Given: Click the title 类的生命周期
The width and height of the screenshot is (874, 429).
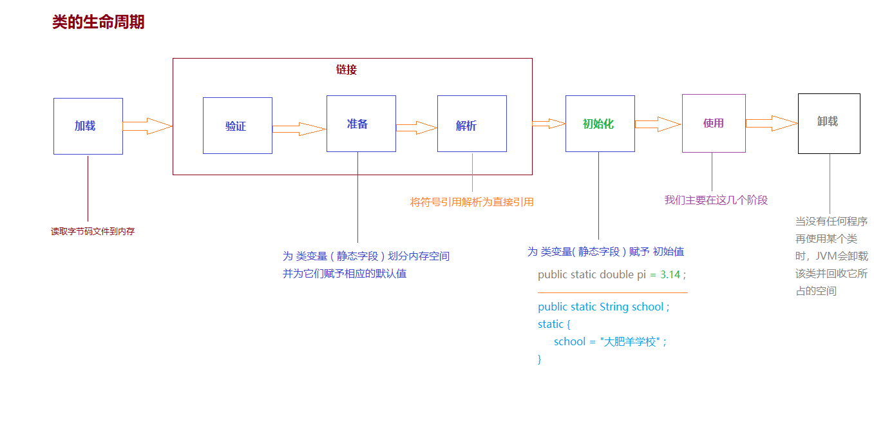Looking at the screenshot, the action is click(x=99, y=22).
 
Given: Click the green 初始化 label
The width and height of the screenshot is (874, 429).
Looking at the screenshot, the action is click(x=598, y=124).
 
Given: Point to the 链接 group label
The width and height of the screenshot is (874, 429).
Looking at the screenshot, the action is click(x=347, y=70).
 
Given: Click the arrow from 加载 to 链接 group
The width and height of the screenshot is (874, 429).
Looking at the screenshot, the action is click(x=147, y=126).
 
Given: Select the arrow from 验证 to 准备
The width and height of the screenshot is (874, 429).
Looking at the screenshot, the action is click(x=299, y=129).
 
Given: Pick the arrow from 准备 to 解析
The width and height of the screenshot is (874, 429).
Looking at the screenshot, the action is click(x=417, y=128).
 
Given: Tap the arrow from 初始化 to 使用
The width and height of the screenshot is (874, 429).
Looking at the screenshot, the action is click(x=658, y=124).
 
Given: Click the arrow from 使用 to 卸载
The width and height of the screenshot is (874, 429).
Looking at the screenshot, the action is click(x=772, y=123).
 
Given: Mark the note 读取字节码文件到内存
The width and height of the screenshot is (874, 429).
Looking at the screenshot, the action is click(x=93, y=231).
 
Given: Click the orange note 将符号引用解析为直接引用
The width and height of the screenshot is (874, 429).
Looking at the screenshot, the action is click(x=471, y=202).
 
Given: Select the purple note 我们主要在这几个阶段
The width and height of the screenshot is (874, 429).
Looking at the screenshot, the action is click(x=716, y=200).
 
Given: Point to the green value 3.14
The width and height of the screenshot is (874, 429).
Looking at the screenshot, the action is click(x=670, y=275).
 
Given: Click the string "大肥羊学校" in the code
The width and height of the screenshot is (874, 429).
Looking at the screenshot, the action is click(x=630, y=341).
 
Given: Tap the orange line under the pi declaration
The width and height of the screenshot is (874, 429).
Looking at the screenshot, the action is click(x=613, y=292).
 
